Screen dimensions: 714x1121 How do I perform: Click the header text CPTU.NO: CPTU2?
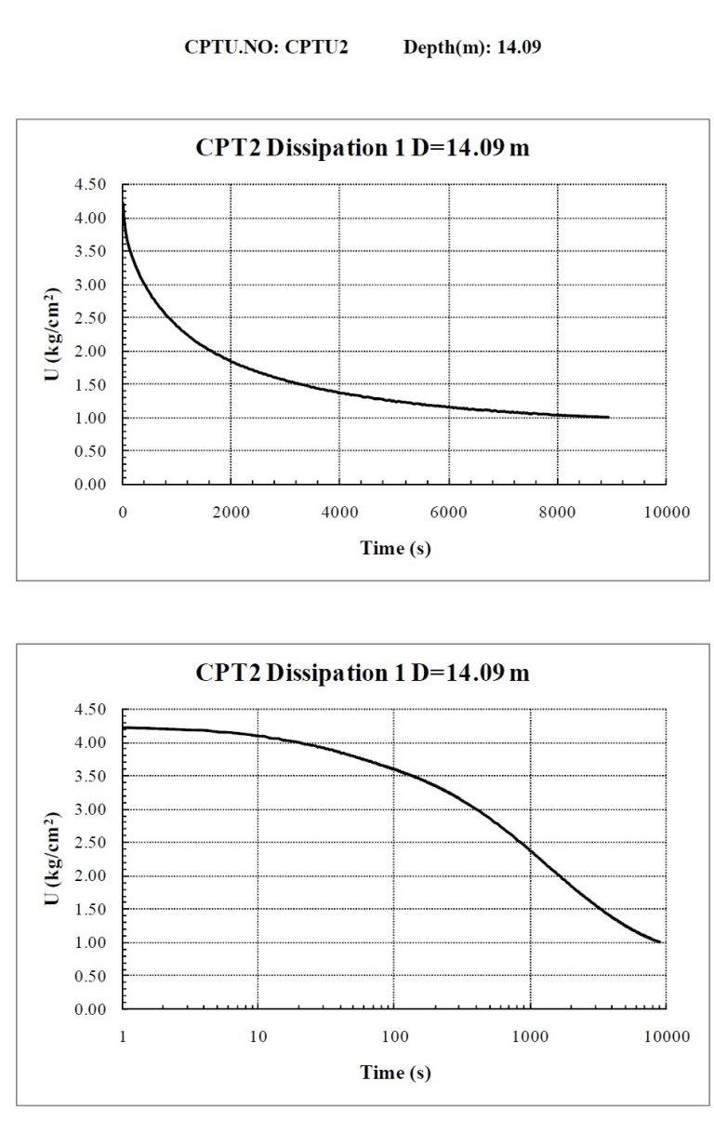coord(266,47)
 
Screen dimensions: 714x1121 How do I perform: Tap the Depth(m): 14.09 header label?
coord(472,47)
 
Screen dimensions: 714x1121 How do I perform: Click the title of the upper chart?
coord(363,148)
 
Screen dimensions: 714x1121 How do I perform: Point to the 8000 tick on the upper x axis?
coord(557,512)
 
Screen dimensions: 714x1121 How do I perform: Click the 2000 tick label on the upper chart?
coord(231,512)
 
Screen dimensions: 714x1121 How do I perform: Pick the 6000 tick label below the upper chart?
coord(448,512)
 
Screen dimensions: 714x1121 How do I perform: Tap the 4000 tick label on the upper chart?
coord(339,512)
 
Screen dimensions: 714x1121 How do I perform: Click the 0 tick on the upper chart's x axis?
coord(123,512)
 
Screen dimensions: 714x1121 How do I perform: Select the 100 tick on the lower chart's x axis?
coord(394,1036)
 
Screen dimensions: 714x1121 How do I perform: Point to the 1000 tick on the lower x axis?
coord(530,1036)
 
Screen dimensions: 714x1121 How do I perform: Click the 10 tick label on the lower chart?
coord(258,1036)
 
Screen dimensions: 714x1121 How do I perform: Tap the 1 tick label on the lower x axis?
coord(123,1036)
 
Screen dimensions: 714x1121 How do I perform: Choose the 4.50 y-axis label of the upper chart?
coord(90,184)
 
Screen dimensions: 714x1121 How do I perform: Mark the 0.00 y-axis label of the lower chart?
coord(90,1008)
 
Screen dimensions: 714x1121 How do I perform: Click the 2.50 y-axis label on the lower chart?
coord(90,842)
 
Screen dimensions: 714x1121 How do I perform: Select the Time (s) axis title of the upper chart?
coord(395,548)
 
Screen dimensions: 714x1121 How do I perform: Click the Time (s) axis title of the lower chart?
coord(395,1073)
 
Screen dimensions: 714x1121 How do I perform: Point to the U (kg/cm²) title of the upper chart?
coord(51,334)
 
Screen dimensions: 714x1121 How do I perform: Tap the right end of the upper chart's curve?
coord(609,417)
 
